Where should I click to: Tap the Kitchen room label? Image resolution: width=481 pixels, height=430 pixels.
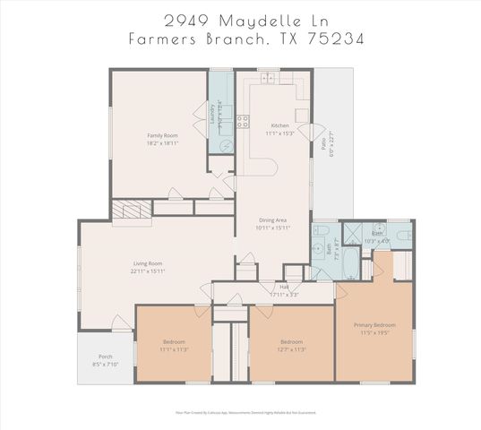(x=279, y=125)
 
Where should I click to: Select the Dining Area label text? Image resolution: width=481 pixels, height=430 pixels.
(x=273, y=219)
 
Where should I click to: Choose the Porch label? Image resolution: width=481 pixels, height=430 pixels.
(x=106, y=357)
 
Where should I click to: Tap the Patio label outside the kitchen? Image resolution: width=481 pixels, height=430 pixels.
(x=323, y=143)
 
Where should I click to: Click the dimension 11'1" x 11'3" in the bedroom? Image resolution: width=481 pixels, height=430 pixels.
(x=175, y=349)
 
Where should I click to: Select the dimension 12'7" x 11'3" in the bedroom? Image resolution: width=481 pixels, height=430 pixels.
(x=290, y=349)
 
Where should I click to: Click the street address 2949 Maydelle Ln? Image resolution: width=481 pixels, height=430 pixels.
(x=239, y=20)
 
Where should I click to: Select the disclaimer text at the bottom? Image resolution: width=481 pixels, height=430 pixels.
(x=239, y=413)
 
